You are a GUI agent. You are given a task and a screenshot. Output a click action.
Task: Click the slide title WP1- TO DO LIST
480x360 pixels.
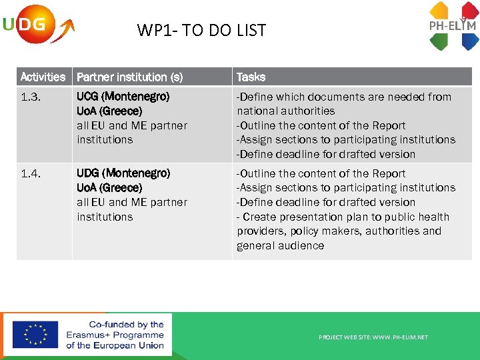coord(201,30)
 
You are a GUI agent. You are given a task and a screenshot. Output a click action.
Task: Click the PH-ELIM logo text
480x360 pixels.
coord(452,26)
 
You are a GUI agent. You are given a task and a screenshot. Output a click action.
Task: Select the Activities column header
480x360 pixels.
coord(43,77)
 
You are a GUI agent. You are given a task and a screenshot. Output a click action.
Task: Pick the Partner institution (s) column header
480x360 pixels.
coord(129,77)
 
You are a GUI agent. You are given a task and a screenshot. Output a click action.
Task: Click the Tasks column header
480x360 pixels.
coord(251,77)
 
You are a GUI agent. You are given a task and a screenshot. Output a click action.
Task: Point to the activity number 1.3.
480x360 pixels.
coord(30,97)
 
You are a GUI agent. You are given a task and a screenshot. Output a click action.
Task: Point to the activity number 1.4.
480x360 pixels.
coord(30,173)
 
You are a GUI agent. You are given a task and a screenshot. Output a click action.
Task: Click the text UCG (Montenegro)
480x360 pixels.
coord(123,97)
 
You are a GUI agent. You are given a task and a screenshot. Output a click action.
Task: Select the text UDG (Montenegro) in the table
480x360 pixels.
coord(123,173)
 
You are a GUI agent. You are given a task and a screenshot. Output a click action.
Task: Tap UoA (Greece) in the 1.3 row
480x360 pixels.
coord(109,111)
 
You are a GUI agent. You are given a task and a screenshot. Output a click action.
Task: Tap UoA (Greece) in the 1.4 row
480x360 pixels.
coord(109,187)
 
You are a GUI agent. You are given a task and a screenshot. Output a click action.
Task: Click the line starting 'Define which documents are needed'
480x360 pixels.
coord(344,97)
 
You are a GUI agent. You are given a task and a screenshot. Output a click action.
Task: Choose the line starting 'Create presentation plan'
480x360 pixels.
coord(343,217)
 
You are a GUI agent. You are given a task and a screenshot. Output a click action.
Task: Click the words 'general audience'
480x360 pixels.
coord(280,245)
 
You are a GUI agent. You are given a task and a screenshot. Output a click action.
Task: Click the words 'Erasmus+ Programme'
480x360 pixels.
coord(115,335)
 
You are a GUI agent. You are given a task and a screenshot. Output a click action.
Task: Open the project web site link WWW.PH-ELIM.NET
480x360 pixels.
coord(373,337)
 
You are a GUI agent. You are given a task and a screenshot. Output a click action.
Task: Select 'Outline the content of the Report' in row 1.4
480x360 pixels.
coord(321,173)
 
